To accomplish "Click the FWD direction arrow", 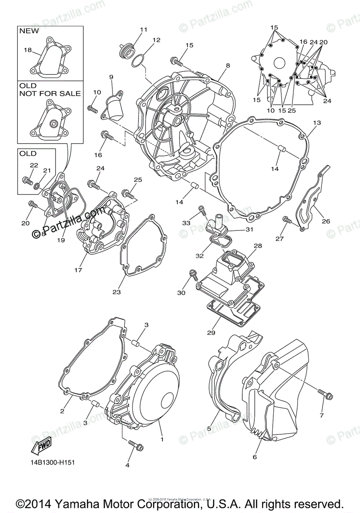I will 41,446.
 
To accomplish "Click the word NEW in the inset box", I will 29,31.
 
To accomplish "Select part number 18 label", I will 28,50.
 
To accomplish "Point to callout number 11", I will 143,29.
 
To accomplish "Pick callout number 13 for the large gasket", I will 316,123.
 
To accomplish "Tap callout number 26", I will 326,221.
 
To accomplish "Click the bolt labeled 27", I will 287,220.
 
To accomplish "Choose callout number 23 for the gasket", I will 116,292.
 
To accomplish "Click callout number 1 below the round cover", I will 162,439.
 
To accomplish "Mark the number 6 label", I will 255,457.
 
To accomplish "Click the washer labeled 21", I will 38,186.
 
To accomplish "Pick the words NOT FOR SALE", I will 50,93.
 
